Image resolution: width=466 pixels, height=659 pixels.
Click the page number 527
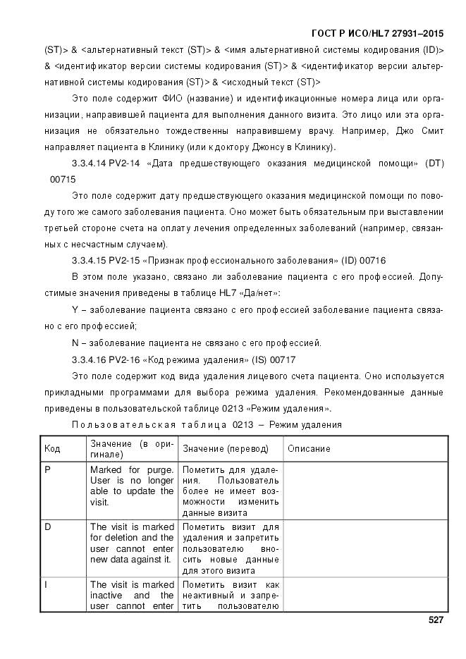coord(435,620)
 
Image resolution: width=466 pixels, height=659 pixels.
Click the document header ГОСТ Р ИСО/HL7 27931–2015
coord(378,34)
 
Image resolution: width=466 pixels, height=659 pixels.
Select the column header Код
coord(52,448)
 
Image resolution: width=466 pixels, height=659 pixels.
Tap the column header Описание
coord(308,448)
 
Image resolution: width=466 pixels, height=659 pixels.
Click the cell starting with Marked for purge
coord(132,486)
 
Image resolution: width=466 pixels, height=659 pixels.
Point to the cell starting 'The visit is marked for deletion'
coord(132,543)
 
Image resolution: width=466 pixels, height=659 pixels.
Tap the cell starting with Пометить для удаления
coord(230,491)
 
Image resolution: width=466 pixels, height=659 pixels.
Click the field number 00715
coord(63,180)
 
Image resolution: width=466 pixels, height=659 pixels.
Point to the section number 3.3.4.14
coord(89,164)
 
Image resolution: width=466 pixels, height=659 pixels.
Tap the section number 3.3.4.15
coord(89,260)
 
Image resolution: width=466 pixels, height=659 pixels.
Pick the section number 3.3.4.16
coord(89,359)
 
